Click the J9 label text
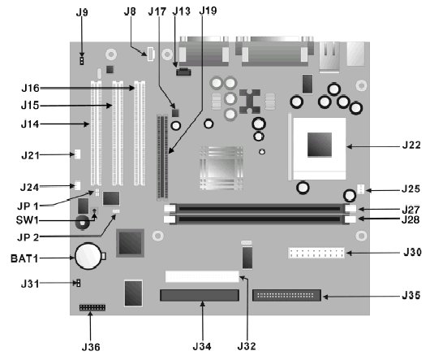coord(82,12)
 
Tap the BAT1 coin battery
coord(88,256)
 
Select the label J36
coord(91,347)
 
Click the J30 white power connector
coord(316,253)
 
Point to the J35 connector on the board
coord(286,295)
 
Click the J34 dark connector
coord(200,295)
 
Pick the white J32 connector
coord(202,276)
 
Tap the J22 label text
coord(411,145)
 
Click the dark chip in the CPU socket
coord(320,145)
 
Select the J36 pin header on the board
coord(92,307)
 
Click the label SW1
coord(27,220)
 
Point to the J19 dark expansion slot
coord(162,157)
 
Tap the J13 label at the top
coord(181,11)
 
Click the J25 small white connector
coord(360,189)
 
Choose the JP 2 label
coord(28,237)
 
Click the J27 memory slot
coord(260,209)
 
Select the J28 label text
coord(411,219)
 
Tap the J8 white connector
coord(151,54)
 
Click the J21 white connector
coord(78,154)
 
